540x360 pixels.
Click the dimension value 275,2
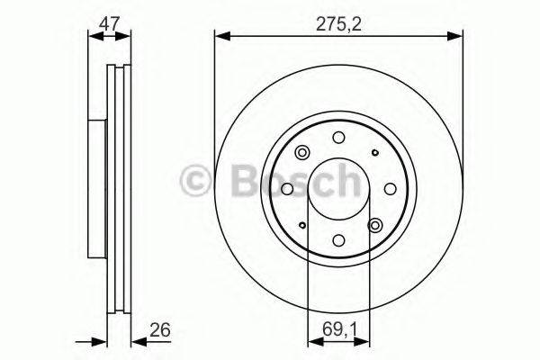pos(338,24)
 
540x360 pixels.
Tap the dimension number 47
pos(109,23)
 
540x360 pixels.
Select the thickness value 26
pos(160,329)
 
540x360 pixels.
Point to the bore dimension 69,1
pos(339,329)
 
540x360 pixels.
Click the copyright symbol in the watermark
pos(195,181)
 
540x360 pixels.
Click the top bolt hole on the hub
pos(338,138)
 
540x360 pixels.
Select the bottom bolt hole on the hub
pos(338,239)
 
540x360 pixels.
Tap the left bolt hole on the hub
pos(288,189)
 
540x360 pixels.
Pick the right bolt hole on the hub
pos(390,189)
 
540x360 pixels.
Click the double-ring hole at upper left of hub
pos(302,153)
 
